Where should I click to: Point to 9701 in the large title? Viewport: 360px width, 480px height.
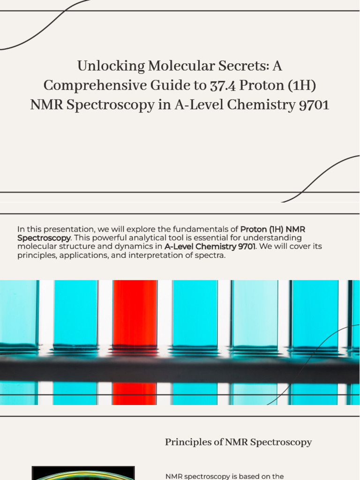coord(314,105)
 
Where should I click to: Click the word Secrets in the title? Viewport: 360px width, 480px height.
coord(240,66)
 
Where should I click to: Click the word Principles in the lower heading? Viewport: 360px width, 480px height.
coord(182,442)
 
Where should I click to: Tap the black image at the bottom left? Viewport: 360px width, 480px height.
coord(83,473)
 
